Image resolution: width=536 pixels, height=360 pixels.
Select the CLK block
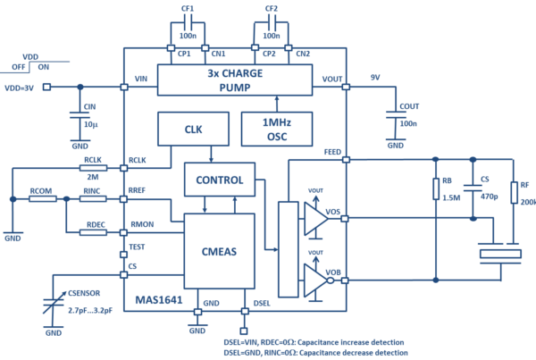[193, 129]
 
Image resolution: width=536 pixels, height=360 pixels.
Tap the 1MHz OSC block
[277, 130]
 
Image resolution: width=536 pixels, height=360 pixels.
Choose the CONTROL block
[219, 180]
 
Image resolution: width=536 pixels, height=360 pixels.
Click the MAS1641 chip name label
[159, 300]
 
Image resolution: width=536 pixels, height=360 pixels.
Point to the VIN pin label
[140, 80]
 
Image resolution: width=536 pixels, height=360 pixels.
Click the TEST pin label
[138, 247]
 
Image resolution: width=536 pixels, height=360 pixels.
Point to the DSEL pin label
[262, 304]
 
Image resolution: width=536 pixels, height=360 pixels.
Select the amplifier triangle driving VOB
[315, 279]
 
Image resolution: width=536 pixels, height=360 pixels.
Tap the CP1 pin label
[186, 54]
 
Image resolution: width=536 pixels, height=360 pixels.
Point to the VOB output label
[334, 271]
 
